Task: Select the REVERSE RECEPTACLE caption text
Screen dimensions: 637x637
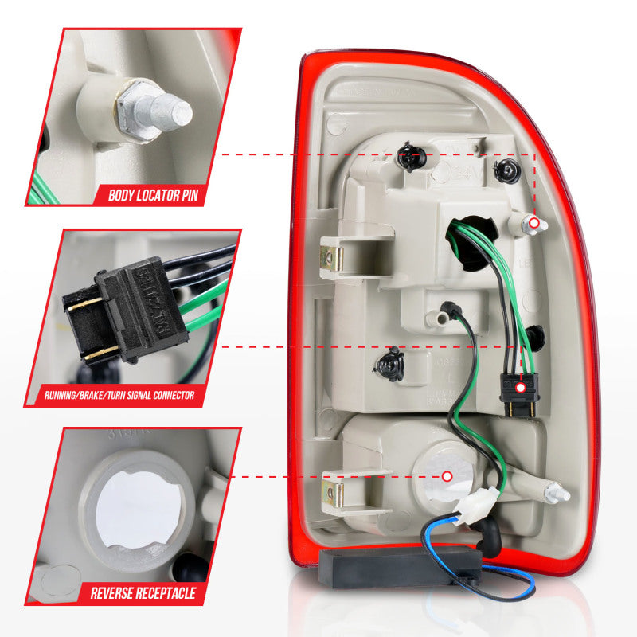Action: pos(143,592)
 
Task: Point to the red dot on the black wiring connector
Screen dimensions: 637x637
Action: pos(520,388)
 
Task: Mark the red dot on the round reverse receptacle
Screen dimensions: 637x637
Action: pos(447,476)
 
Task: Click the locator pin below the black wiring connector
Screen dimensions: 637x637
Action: pos(557,494)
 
